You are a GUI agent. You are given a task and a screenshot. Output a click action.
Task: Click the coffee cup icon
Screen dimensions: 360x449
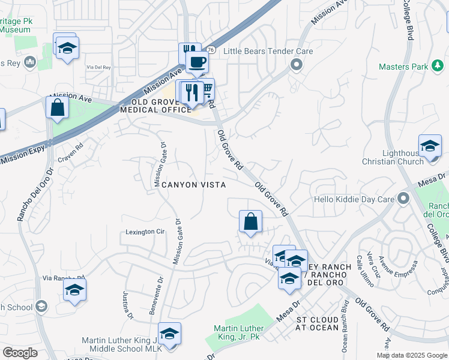(196, 61)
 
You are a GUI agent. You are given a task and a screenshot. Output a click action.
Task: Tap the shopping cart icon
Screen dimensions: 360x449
(206, 89)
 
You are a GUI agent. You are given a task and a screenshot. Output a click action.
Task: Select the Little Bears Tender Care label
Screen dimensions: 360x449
(268, 52)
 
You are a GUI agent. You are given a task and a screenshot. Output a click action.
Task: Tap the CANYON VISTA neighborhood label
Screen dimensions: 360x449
(192, 185)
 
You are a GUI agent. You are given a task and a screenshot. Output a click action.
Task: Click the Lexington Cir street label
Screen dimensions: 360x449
(145, 232)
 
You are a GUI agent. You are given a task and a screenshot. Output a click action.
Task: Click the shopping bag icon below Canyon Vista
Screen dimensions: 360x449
(250, 221)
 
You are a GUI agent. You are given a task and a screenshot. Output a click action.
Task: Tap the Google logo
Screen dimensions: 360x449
(20, 353)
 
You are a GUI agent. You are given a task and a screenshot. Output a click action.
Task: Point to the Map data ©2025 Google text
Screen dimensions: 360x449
(411, 355)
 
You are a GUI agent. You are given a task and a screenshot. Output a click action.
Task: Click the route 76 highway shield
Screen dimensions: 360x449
(211, 50)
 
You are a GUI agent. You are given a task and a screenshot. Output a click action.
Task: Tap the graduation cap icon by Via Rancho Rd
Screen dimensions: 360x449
(74, 289)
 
